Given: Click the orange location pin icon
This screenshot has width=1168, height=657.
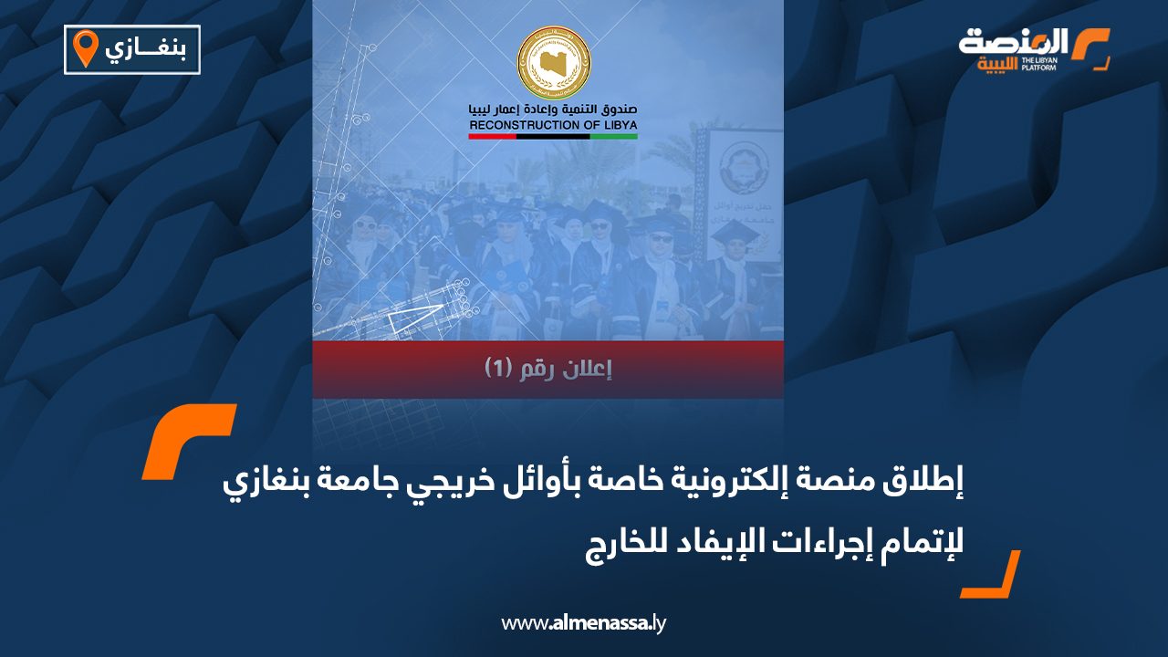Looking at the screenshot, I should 85,48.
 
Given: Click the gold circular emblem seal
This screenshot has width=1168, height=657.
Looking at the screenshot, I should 553,64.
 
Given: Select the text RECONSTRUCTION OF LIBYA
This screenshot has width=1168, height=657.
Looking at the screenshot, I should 553,124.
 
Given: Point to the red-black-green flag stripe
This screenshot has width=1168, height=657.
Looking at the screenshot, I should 553,136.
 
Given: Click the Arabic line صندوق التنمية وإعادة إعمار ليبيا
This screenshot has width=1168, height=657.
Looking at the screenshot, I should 553,109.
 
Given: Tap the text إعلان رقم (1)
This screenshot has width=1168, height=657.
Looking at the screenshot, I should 547,369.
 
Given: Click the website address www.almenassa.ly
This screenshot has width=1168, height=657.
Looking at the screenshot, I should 584,623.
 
